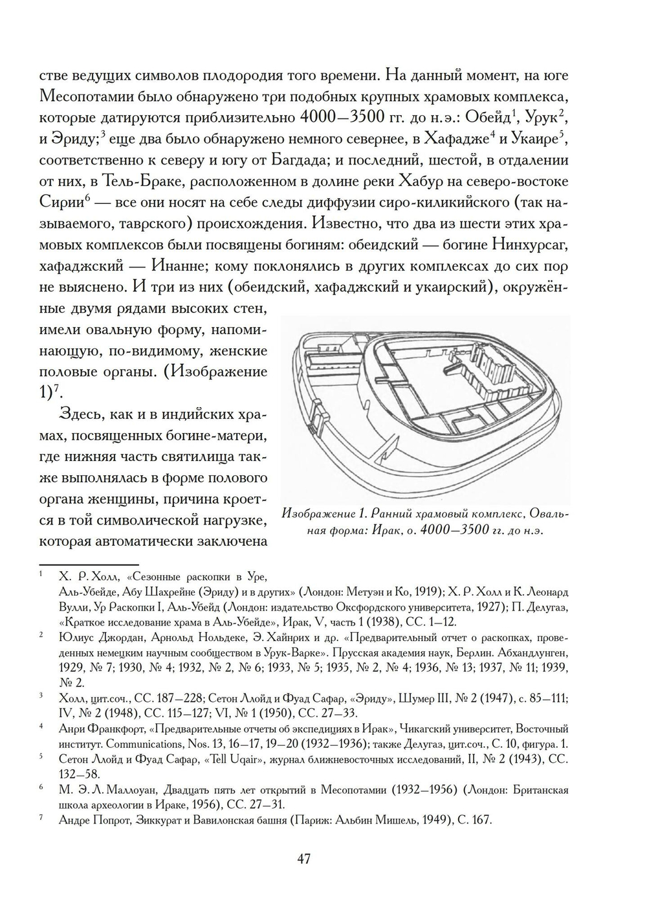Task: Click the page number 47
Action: (x=304, y=859)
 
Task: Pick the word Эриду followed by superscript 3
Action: (x=74, y=139)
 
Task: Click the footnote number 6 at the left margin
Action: (x=41, y=788)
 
